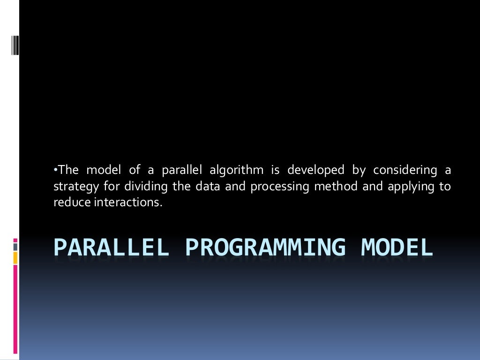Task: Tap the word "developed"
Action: (x=315, y=169)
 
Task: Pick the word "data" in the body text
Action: (x=208, y=186)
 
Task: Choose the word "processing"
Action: (x=279, y=187)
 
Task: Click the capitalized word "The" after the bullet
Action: (x=68, y=169)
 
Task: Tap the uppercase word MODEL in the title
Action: (x=397, y=247)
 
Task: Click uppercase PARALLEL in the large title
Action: (x=111, y=247)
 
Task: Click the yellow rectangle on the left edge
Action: (x=15, y=257)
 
